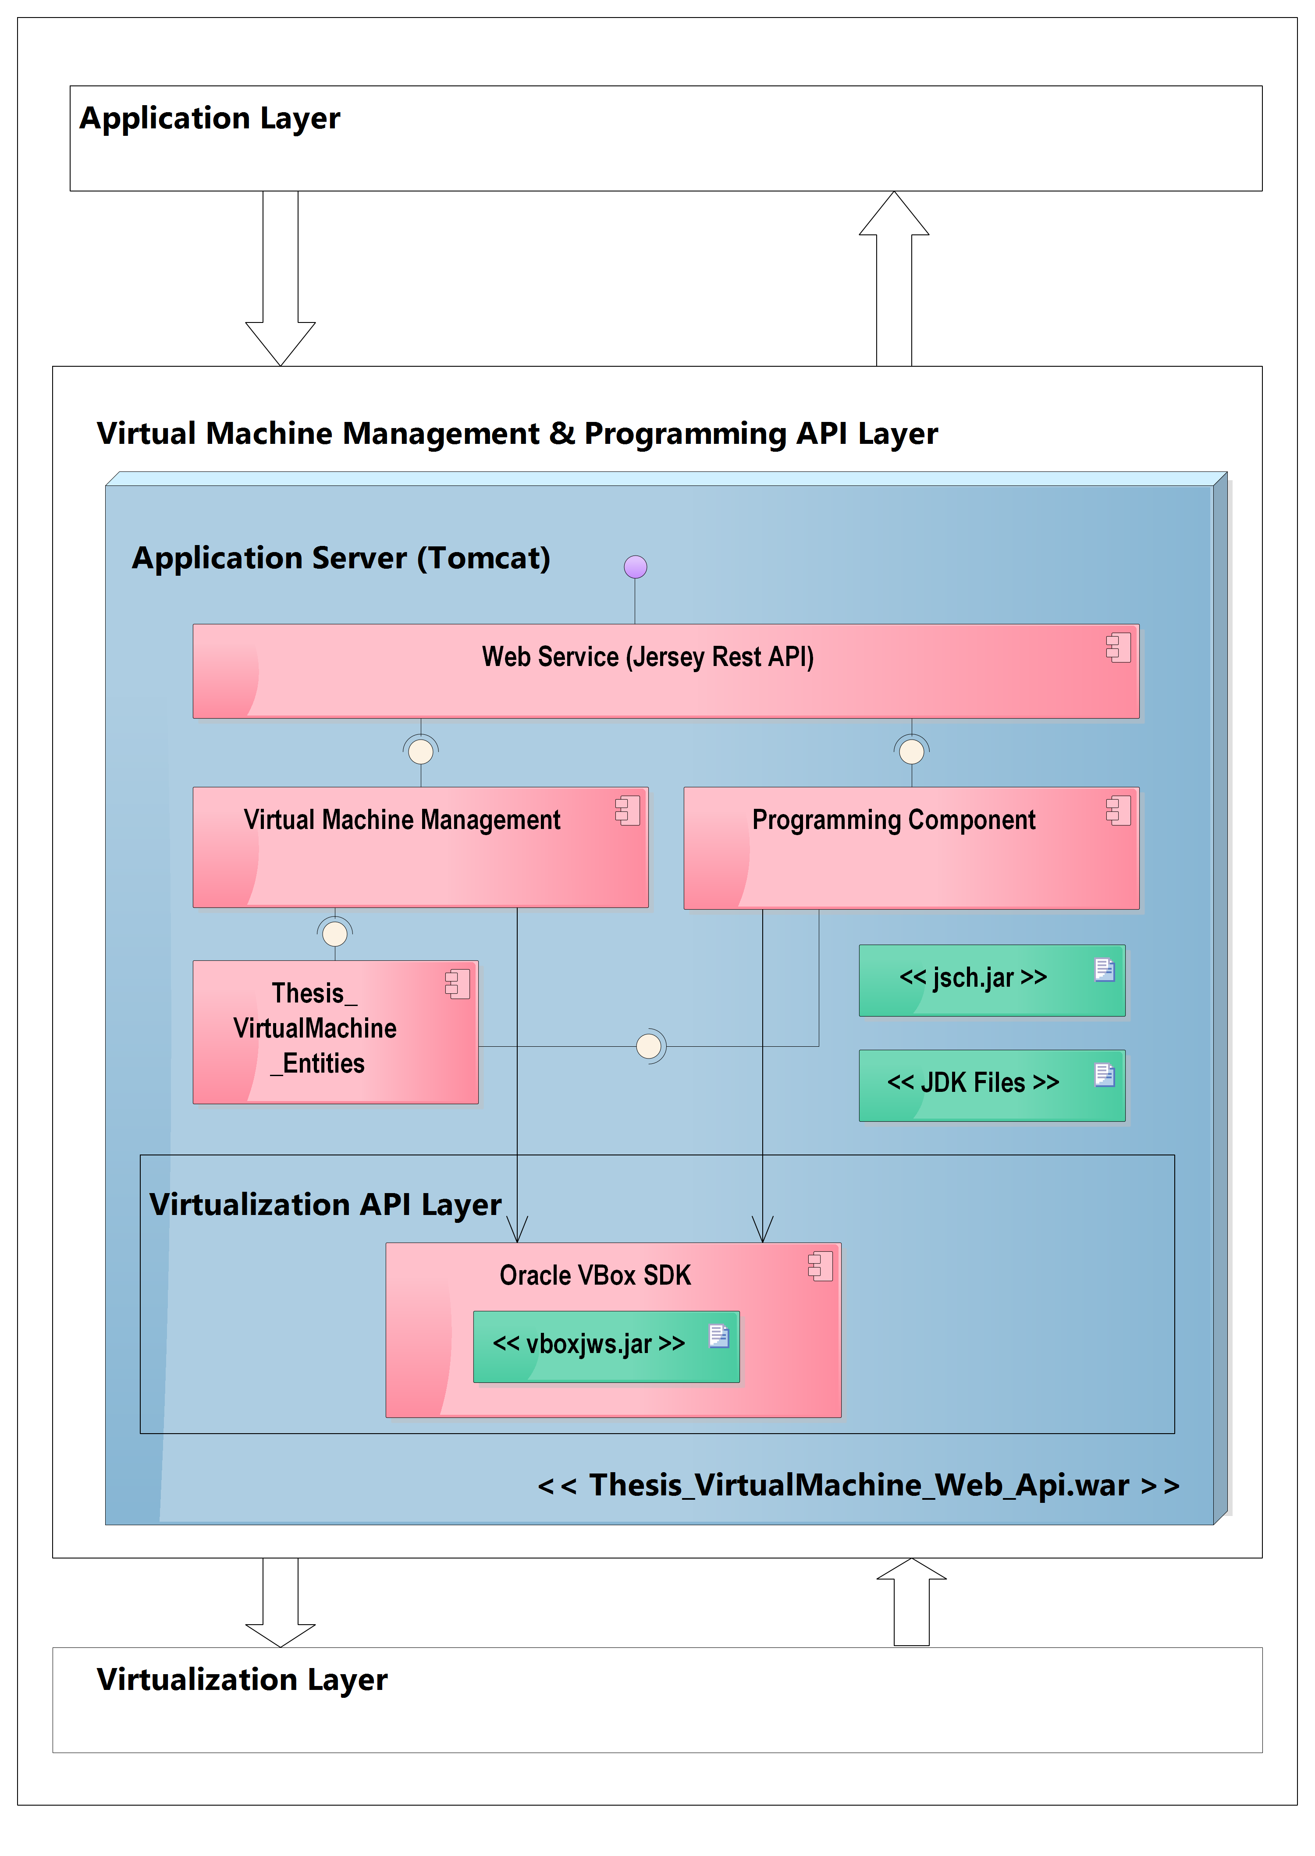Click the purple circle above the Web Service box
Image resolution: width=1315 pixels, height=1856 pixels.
[x=636, y=567]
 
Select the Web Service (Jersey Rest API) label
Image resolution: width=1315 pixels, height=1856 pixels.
[x=648, y=656]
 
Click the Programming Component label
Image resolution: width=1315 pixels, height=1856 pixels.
[x=893, y=820]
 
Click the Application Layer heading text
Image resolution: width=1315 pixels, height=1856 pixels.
[x=210, y=118]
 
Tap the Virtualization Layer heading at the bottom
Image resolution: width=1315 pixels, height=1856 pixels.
[x=242, y=1679]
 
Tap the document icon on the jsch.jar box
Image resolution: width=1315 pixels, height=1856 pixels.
[x=1105, y=970]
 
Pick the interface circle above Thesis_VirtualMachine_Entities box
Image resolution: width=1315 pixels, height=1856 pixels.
[x=334, y=934]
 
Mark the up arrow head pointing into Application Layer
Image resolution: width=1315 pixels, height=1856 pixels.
[x=894, y=215]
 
